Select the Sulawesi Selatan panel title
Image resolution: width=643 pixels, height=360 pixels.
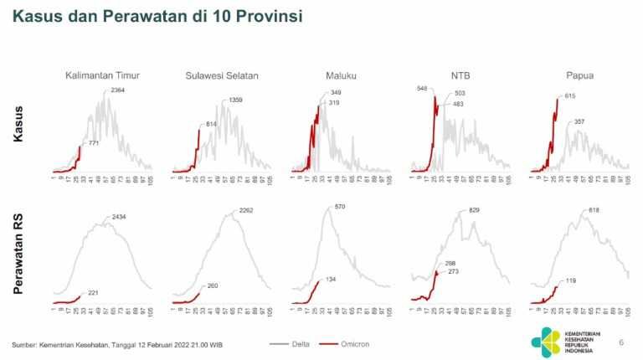[x=222, y=76]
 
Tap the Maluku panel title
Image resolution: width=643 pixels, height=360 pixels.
[x=341, y=76]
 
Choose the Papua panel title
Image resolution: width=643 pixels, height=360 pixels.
[x=579, y=76]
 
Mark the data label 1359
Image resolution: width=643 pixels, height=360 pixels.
[x=237, y=100]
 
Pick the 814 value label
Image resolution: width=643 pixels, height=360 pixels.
[x=211, y=124]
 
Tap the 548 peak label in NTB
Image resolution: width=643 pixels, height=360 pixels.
[x=422, y=88]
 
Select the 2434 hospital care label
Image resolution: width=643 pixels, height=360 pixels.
[x=117, y=218]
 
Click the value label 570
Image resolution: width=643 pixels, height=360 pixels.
[x=340, y=207]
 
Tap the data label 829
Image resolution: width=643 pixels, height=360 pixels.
[x=474, y=209]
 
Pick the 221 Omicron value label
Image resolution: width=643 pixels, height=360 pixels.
[x=93, y=292]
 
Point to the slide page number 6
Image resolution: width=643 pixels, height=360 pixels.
[x=620, y=342]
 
